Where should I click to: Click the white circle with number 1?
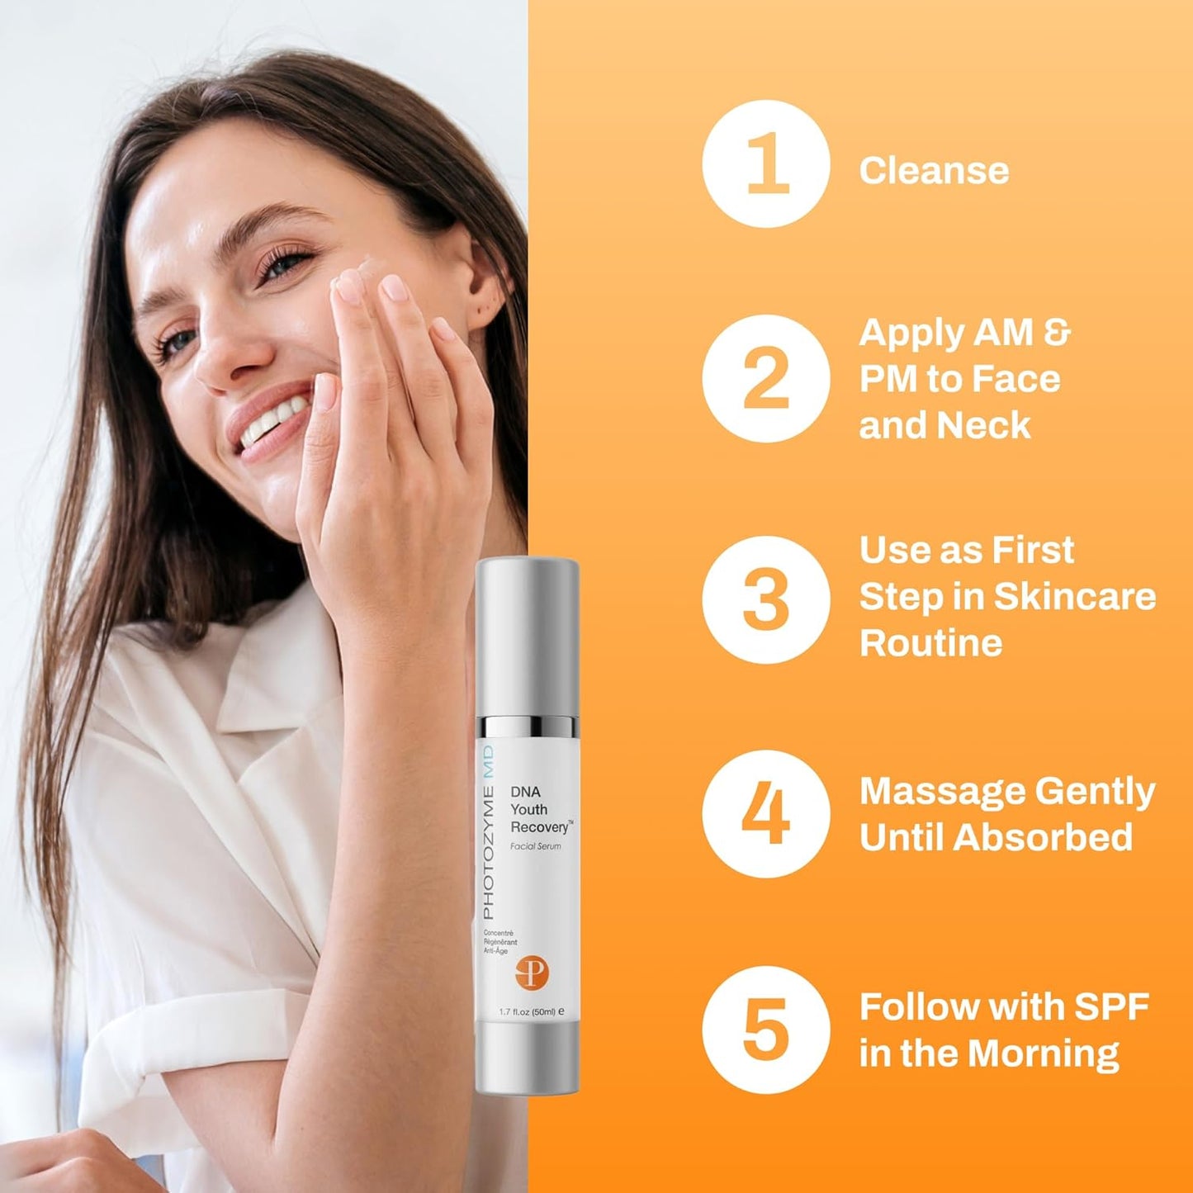click(x=765, y=164)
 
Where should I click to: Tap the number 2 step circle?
click(x=765, y=378)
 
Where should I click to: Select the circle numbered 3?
click(x=765, y=599)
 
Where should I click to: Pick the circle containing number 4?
click(x=765, y=813)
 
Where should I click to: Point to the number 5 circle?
click(x=765, y=1029)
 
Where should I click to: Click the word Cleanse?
click(x=934, y=171)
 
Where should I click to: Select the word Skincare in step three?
click(x=1074, y=597)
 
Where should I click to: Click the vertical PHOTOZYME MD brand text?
click(x=488, y=832)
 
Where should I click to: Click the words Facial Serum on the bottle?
click(x=536, y=846)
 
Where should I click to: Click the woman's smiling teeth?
click(x=268, y=422)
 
